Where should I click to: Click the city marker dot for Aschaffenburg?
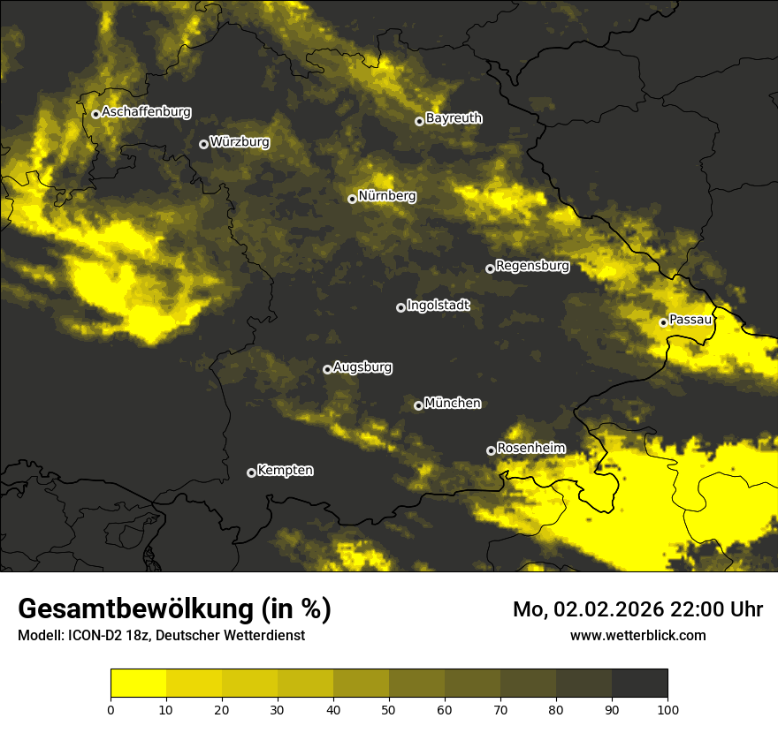(95, 114)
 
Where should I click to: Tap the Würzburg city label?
(240, 142)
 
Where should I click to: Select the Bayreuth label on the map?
(454, 118)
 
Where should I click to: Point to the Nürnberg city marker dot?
(352, 199)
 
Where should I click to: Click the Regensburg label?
(532, 266)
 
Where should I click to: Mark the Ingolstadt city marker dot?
(400, 307)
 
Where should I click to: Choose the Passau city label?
(690, 320)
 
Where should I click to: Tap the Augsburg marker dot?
(327, 369)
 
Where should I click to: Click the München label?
(453, 404)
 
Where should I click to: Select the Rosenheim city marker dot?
(491, 450)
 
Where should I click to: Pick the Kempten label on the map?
(285, 471)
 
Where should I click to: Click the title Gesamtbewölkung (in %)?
(174, 609)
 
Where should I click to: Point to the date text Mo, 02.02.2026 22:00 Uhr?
(637, 609)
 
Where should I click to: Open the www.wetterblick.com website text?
(637, 635)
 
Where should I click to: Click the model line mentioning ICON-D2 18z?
(161, 636)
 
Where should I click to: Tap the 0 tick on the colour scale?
(111, 709)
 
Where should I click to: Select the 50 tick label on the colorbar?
(389, 709)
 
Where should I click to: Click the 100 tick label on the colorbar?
(667, 709)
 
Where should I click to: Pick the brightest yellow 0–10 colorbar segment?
(138, 684)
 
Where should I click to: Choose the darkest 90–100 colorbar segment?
(639, 684)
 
